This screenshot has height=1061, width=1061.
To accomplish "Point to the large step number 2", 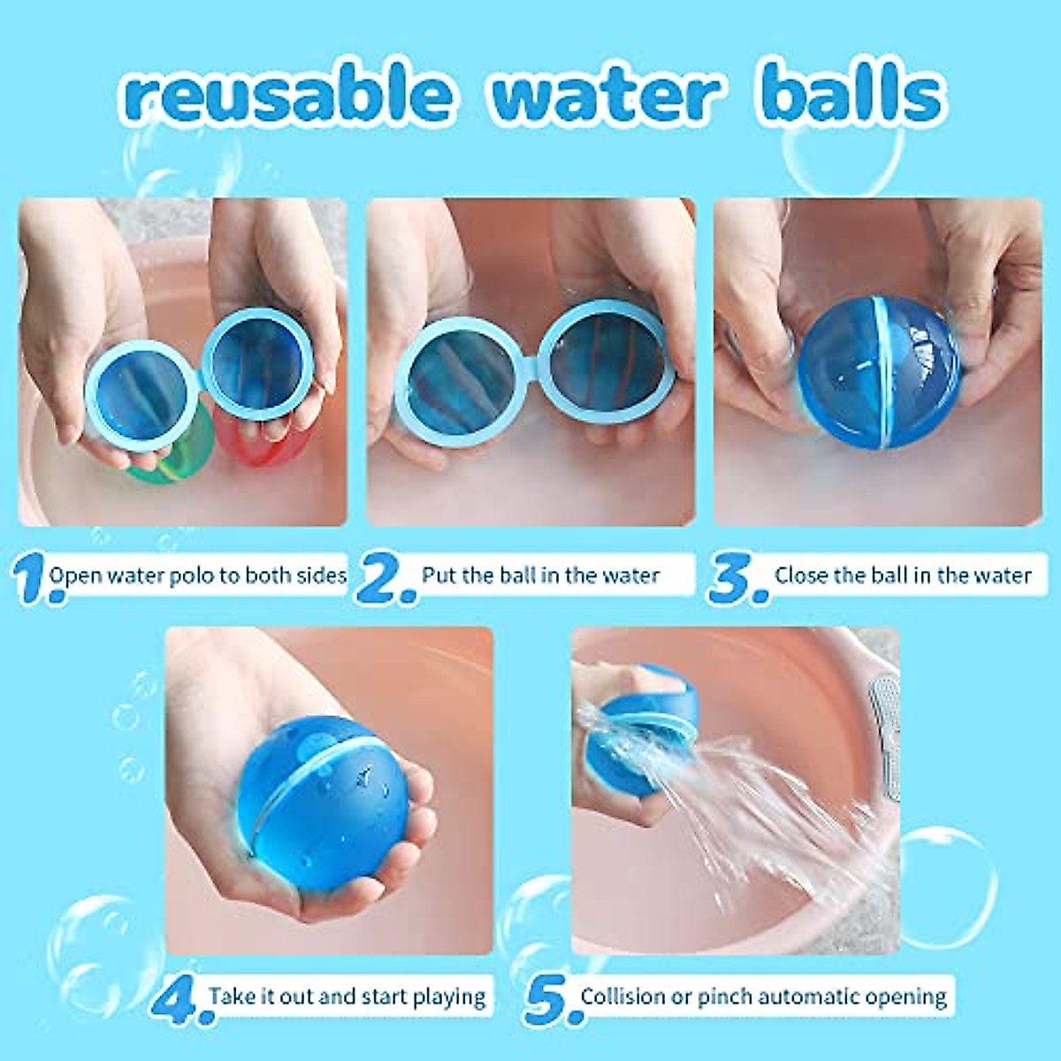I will tap(385, 579).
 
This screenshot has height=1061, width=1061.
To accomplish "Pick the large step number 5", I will tap(548, 1000).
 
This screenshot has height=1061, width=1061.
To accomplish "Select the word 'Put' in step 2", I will tap(439, 576).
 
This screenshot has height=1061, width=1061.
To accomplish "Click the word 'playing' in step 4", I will tap(449, 998).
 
